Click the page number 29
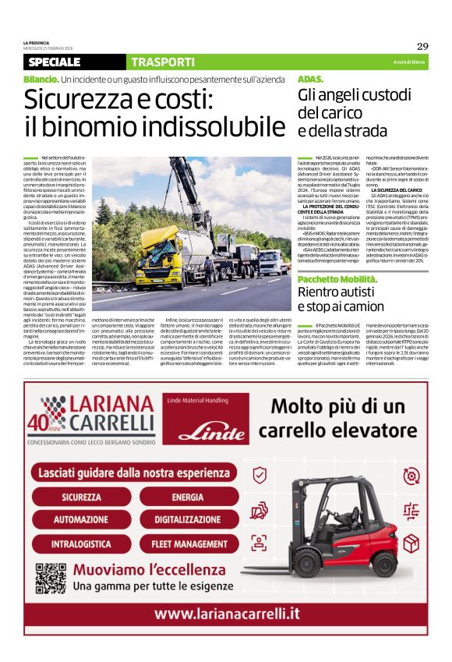(x=422, y=46)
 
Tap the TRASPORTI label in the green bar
(x=163, y=62)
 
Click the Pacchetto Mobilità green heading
(x=337, y=278)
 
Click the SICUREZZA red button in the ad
(x=82, y=497)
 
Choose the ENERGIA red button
(x=188, y=497)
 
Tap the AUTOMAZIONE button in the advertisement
(x=82, y=519)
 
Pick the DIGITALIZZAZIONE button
(x=188, y=519)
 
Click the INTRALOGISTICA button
(x=82, y=540)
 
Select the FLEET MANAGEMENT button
(x=188, y=540)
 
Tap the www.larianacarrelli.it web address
(x=226, y=614)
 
